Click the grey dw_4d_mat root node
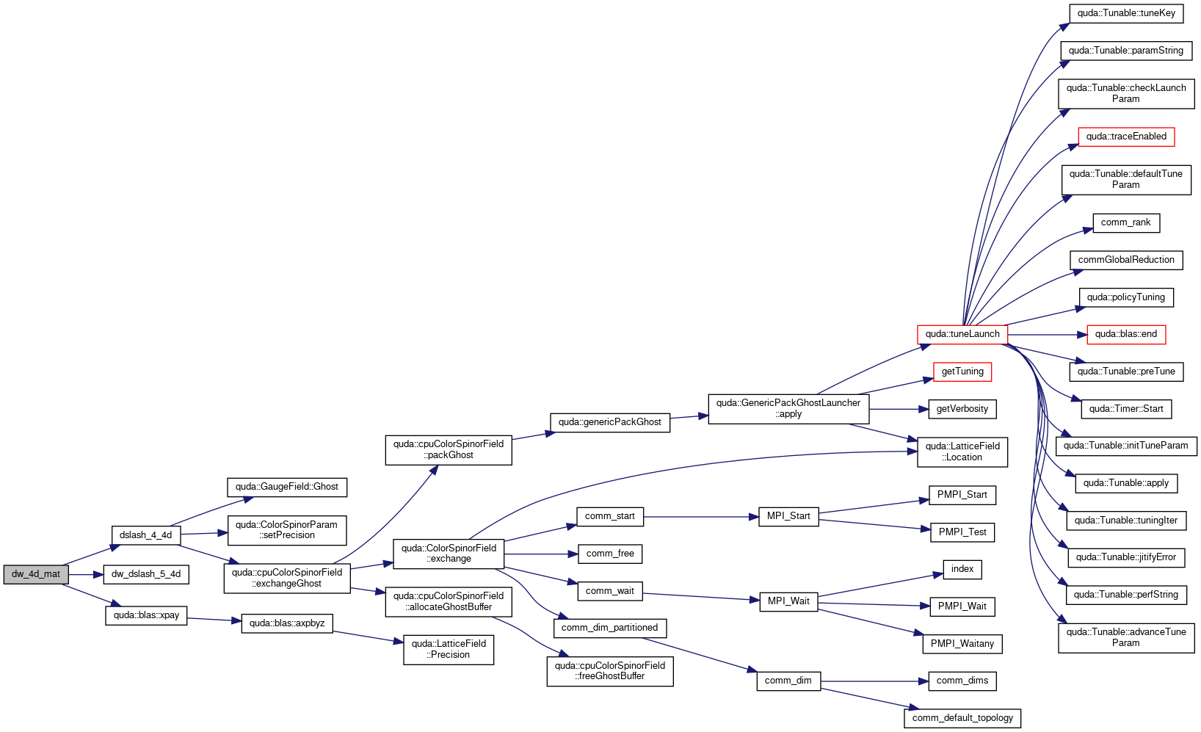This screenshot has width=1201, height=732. (x=36, y=574)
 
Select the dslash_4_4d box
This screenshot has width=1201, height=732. (x=146, y=535)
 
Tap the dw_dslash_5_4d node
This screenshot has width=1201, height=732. (x=146, y=574)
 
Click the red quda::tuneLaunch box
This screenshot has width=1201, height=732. (x=962, y=334)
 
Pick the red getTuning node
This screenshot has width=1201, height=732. (x=962, y=372)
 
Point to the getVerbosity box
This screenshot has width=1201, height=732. (x=962, y=409)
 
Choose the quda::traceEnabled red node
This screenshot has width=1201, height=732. (x=1126, y=137)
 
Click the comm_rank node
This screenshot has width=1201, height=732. (x=1126, y=222)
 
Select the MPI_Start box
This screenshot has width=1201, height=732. (x=788, y=516)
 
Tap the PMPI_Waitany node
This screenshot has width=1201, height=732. (x=962, y=644)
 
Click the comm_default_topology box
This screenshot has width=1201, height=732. (x=962, y=718)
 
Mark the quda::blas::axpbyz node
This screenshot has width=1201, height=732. (x=287, y=623)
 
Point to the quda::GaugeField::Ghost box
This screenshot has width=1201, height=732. (x=287, y=487)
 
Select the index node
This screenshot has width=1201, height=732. (x=962, y=570)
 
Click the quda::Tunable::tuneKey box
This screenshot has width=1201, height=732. (x=1126, y=13)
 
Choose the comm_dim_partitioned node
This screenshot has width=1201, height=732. (x=610, y=628)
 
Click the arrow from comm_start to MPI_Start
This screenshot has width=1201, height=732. (x=701, y=517)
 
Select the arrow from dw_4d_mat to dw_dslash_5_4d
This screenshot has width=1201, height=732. (x=86, y=575)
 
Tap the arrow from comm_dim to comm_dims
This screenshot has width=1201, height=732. (x=874, y=681)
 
